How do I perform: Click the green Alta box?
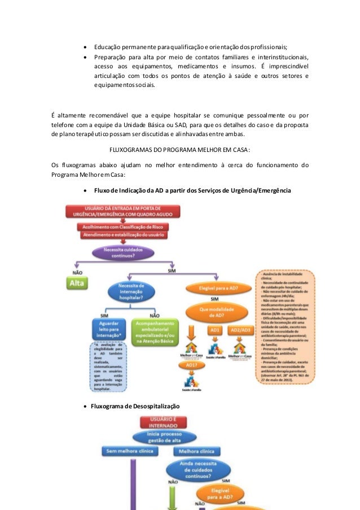pos(75,284)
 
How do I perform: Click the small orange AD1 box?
pos(214,330)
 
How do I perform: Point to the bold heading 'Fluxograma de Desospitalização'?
pos(135,406)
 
